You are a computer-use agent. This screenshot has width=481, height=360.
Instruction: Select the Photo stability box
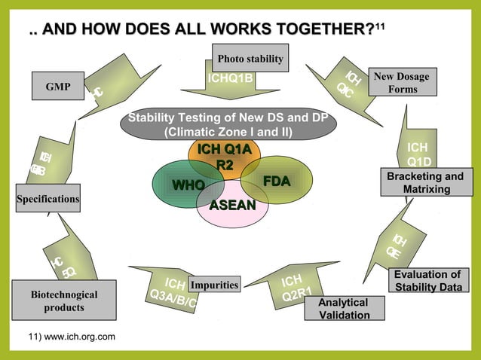(x=250, y=58)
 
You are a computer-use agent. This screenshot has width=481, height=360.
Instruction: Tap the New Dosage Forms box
(x=403, y=83)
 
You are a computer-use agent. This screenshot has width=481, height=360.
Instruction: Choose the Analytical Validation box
(x=344, y=308)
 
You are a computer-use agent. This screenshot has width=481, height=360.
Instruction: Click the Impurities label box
(x=214, y=285)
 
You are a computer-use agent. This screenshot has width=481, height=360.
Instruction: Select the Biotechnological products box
(x=64, y=301)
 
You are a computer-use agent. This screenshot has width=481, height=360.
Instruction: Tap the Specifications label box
(x=47, y=199)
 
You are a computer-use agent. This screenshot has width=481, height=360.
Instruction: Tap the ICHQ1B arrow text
(x=230, y=78)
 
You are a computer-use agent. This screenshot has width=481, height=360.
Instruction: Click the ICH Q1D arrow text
(x=419, y=154)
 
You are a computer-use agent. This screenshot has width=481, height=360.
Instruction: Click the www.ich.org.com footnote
(x=72, y=335)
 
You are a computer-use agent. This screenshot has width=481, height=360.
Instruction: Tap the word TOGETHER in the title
(x=320, y=29)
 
